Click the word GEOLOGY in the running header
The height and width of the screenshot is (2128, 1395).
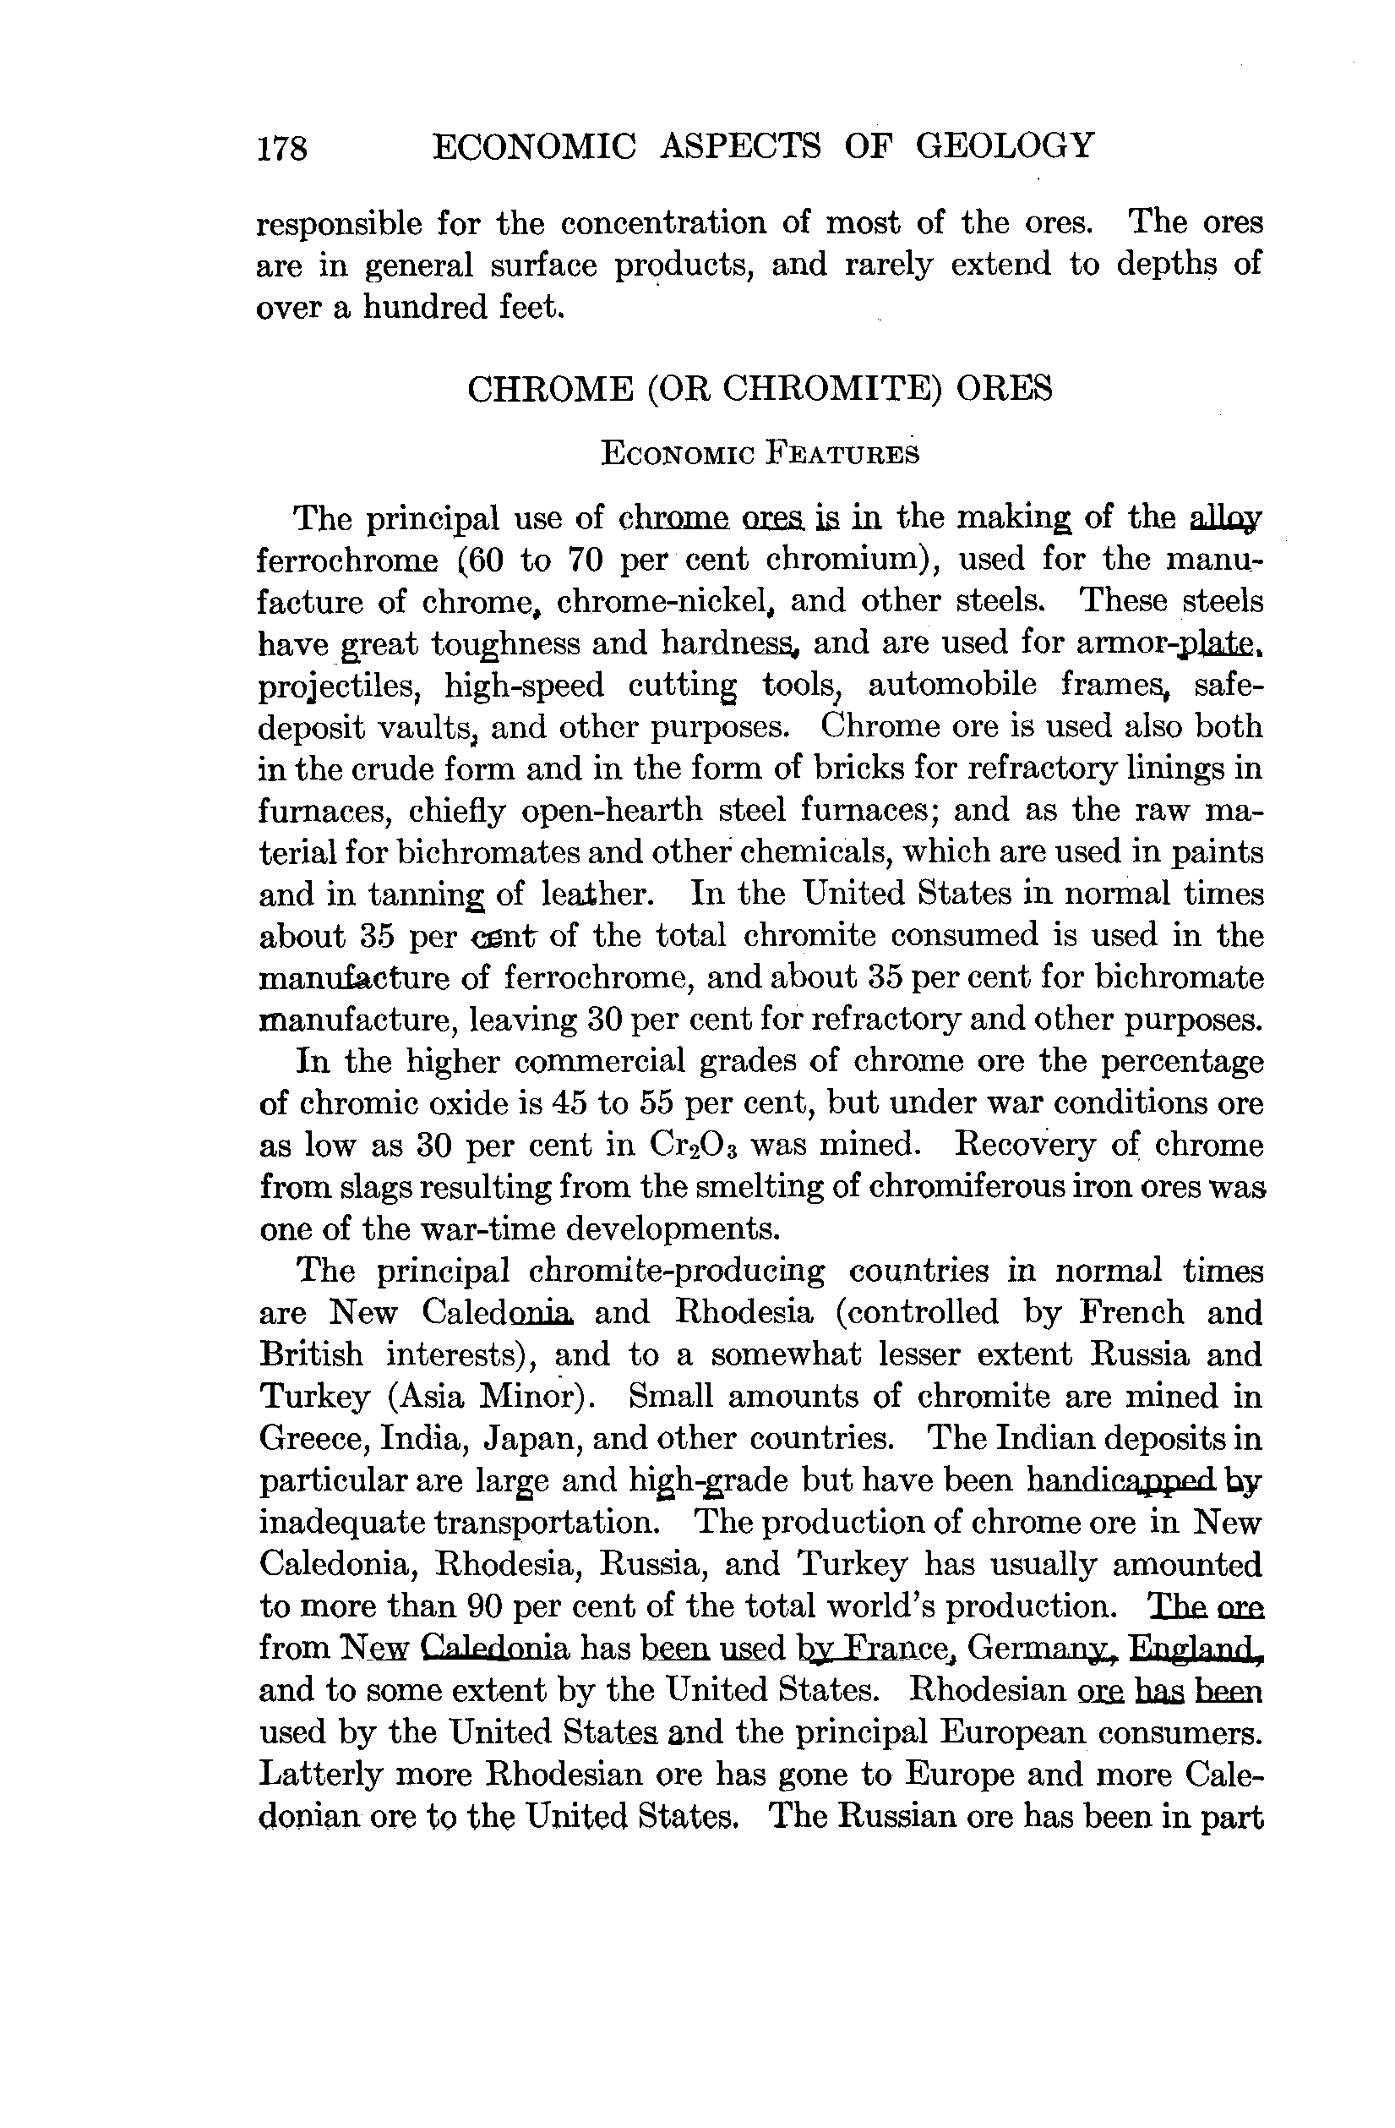(x=1005, y=145)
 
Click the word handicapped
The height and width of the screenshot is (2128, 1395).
(x=1120, y=1480)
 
